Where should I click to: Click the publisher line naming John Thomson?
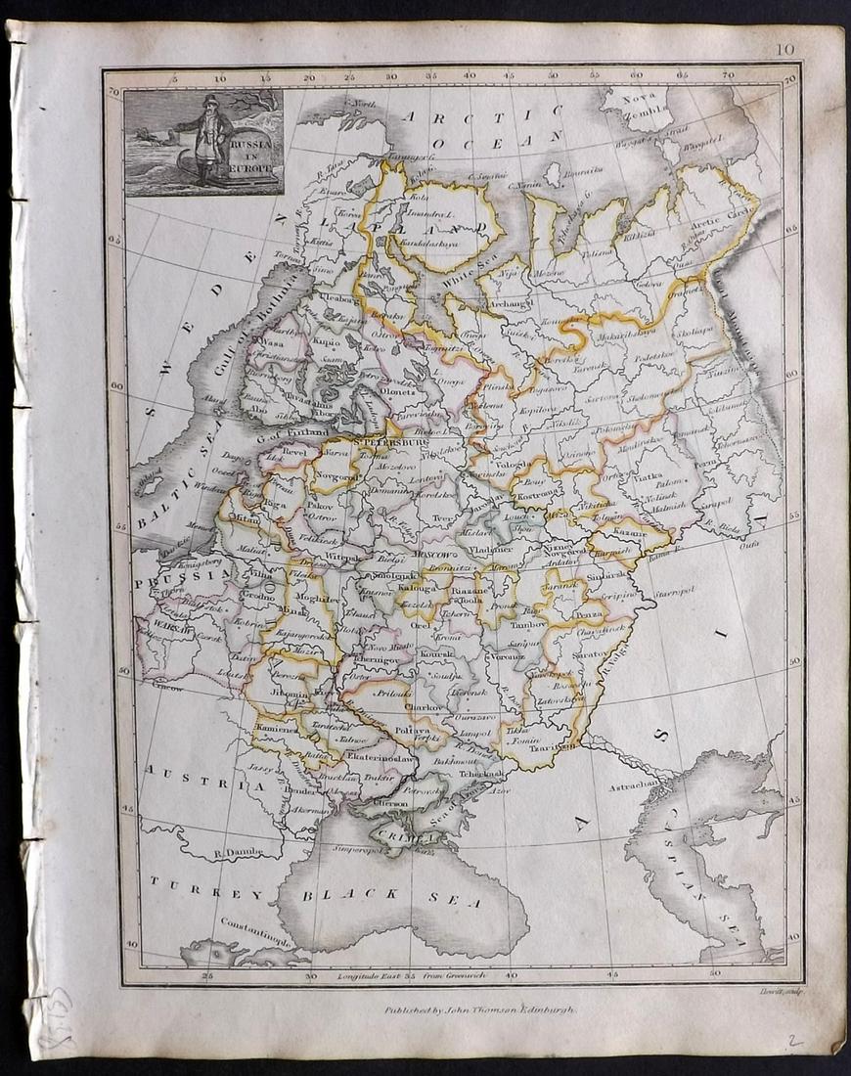pyautogui.click(x=479, y=1009)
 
